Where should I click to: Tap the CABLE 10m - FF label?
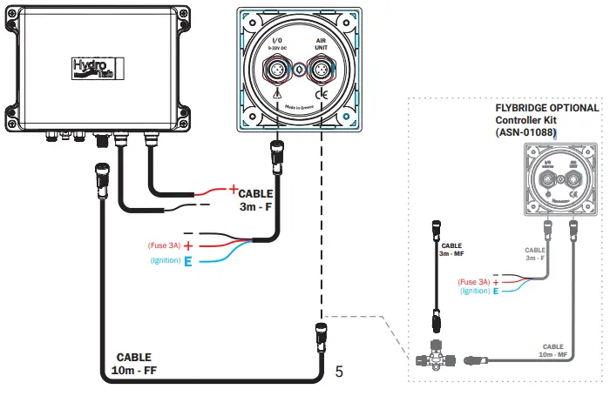point(133,364)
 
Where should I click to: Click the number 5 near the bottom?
point(339,372)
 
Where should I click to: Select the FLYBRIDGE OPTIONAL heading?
point(546,108)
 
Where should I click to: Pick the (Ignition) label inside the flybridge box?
point(475,291)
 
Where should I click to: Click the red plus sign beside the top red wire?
point(233,188)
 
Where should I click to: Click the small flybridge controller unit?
point(559,180)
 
